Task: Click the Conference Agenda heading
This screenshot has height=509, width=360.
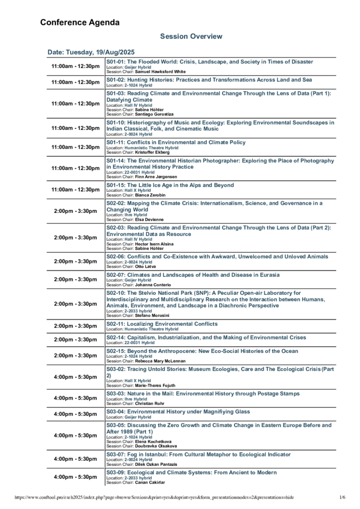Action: pyautogui.click(x=80, y=22)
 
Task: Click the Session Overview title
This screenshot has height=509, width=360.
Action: pyautogui.click(x=191, y=36)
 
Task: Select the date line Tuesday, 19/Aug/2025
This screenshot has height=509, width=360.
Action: pyautogui.click(x=91, y=52)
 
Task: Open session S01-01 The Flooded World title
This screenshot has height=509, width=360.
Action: pyautogui.click(x=210, y=62)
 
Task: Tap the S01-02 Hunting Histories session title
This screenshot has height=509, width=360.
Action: pyautogui.click(x=209, y=80)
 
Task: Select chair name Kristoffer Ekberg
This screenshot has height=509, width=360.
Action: pyautogui.click(x=152, y=152)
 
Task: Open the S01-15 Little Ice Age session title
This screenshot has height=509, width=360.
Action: pyautogui.click(x=170, y=185)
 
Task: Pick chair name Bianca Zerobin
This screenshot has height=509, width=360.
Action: pyautogui.click(x=149, y=195)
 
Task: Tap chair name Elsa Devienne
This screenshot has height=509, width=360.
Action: pyautogui.click(x=149, y=219)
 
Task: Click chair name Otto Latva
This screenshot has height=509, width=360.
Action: pyautogui.click(x=145, y=266)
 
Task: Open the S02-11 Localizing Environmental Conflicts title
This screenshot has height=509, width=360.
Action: pyautogui.click(x=162, y=324)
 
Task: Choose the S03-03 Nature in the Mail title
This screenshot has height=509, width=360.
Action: pyautogui.click(x=203, y=393)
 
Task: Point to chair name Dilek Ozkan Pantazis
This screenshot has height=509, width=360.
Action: pyautogui.click(x=159, y=464)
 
